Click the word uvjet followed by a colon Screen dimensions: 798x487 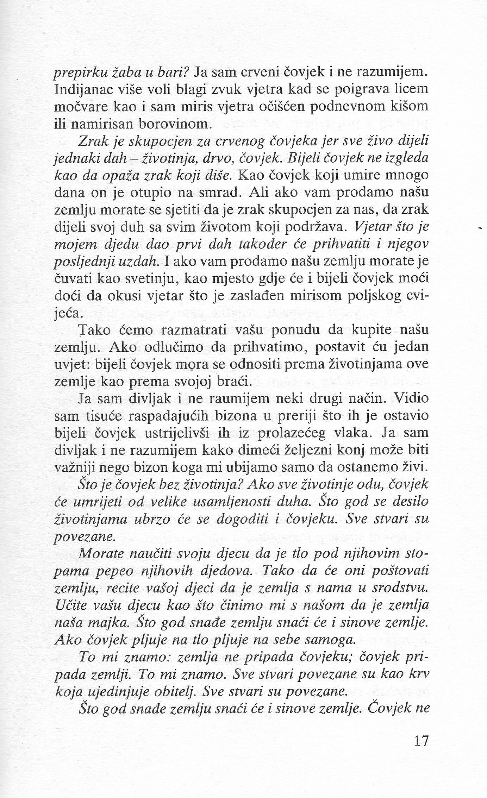click(x=70, y=365)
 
